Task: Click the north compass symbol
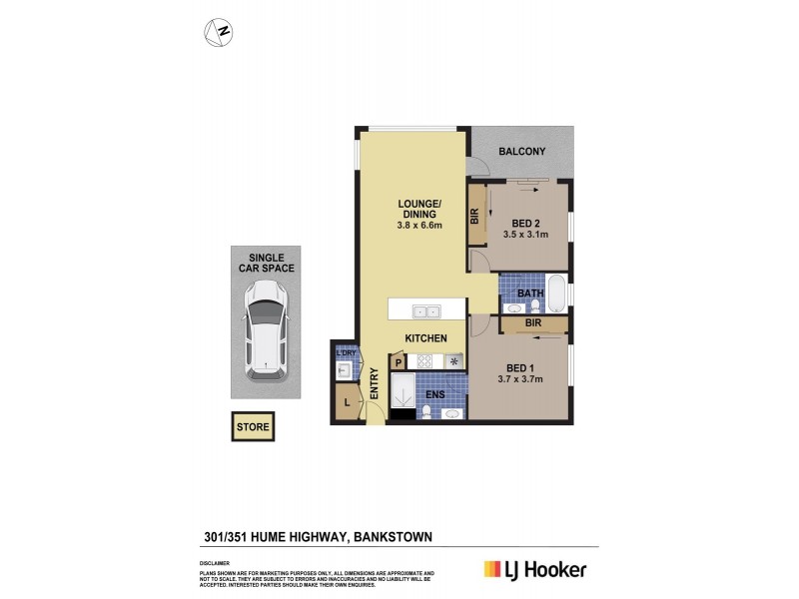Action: [219, 32]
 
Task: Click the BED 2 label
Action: [526, 223]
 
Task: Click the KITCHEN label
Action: [425, 338]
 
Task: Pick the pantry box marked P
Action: [399, 362]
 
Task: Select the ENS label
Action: [435, 395]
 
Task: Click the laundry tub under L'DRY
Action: [344, 370]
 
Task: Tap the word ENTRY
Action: [375, 384]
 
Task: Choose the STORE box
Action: [253, 427]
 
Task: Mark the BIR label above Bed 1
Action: [533, 323]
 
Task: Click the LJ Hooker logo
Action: [535, 570]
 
